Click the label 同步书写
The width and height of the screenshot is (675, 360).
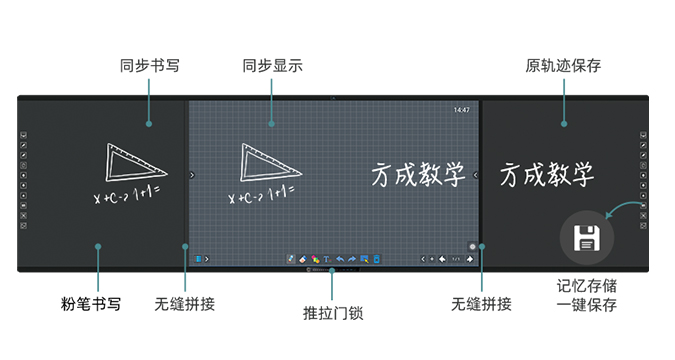click(x=149, y=66)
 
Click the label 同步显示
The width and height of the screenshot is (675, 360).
click(x=272, y=66)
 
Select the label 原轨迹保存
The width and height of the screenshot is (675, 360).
click(x=563, y=66)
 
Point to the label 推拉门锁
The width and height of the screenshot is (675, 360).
click(x=332, y=313)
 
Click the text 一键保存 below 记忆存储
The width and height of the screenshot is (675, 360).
click(x=586, y=305)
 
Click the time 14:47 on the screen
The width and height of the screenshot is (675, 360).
click(x=461, y=109)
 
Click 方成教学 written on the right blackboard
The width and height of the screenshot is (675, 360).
click(x=547, y=176)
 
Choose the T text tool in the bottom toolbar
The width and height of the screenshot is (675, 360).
click(x=327, y=259)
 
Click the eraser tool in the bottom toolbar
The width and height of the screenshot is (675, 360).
click(x=303, y=259)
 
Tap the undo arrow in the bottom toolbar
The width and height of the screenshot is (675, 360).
click(x=340, y=259)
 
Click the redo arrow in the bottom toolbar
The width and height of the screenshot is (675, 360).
click(x=352, y=259)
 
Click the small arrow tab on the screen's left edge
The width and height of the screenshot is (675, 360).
click(x=191, y=175)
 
